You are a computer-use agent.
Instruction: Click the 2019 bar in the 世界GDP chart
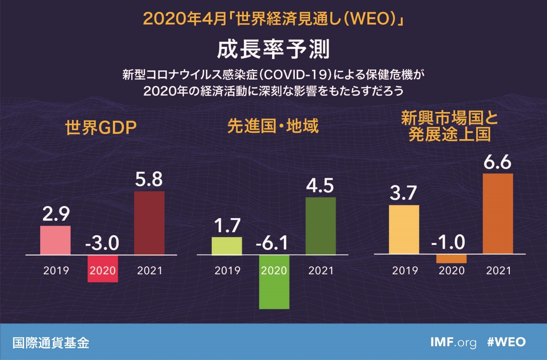coord(56,240)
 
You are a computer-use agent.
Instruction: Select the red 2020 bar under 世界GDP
coord(103,269)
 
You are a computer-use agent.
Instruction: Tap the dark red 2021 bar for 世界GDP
coord(149,223)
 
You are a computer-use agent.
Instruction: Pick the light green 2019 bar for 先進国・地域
coord(227,246)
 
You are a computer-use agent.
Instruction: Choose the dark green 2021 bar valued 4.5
coord(321,226)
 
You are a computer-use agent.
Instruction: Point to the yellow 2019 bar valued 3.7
coord(404,230)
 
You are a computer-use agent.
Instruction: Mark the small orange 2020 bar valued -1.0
coord(451,259)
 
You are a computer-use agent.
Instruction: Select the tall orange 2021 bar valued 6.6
coord(498,213)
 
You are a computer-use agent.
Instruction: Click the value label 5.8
coord(149,179)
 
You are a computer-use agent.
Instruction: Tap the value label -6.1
coord(272,243)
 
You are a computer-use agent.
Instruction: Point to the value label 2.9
coord(56,213)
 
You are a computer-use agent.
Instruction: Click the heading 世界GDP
coord(101,127)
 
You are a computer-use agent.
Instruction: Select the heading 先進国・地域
coord(273,126)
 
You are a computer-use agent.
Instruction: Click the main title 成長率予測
coord(273,49)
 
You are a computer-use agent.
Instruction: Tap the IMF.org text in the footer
coord(453,342)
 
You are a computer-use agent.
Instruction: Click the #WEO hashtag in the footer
coord(506,342)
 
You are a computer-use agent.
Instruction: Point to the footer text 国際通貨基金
coord(51,342)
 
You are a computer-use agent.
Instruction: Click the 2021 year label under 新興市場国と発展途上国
coord(498,271)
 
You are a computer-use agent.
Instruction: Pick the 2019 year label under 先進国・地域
coord(227,271)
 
